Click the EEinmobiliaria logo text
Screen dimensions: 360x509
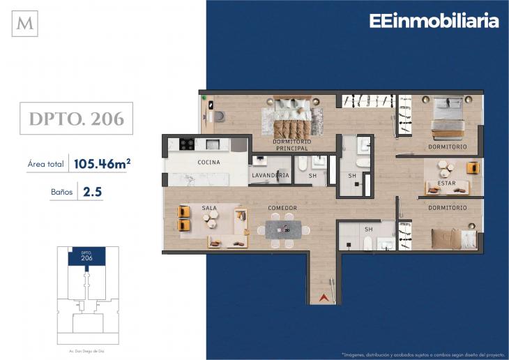coord(434,21)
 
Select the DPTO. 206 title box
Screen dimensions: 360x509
coord(77,119)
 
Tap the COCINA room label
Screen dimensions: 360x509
coord(208,162)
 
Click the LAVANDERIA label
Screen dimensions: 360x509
coord(271,176)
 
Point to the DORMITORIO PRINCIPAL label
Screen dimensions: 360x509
coord(292,145)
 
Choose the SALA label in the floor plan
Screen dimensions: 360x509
coord(209,208)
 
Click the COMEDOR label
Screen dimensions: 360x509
coord(282,208)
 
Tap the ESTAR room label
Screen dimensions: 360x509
coord(446,183)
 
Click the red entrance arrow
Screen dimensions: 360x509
coord(323,299)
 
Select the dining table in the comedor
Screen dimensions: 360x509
coord(283,230)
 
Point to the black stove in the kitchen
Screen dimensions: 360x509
coord(187,144)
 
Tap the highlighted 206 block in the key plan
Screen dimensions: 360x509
coord(86,257)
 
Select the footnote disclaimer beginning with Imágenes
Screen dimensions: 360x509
coord(421,352)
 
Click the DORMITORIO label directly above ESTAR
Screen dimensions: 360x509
coord(447,147)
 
